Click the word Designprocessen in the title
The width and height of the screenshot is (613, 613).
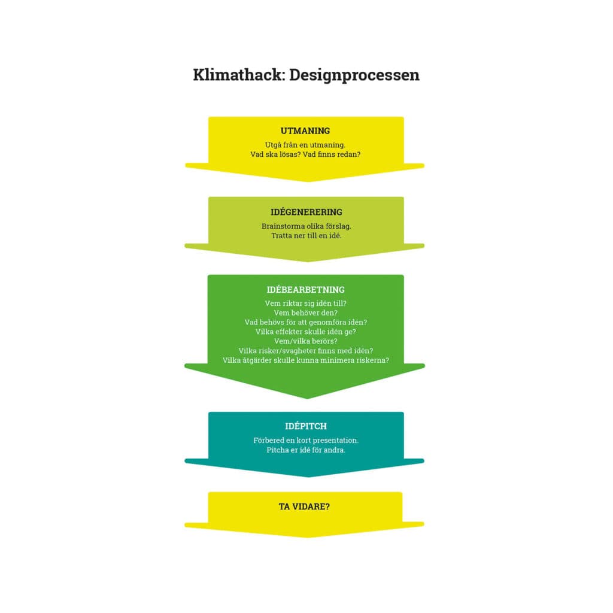pyautogui.click(x=354, y=75)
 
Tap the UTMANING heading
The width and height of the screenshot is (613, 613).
pyautogui.click(x=305, y=131)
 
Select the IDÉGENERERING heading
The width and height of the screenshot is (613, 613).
pyautogui.click(x=306, y=212)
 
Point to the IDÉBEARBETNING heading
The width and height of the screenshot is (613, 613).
pyautogui.click(x=305, y=290)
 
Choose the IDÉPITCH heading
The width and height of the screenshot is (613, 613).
pyautogui.click(x=306, y=426)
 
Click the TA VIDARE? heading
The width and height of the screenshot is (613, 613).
pyautogui.click(x=304, y=506)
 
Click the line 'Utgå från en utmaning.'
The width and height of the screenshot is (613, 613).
pyautogui.click(x=305, y=145)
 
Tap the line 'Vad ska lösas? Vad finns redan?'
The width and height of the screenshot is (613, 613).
pyautogui.click(x=305, y=154)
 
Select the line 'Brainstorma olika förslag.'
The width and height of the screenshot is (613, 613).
pyautogui.click(x=306, y=226)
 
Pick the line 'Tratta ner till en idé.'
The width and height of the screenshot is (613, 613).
pyautogui.click(x=306, y=236)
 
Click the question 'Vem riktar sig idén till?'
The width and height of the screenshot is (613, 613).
pyautogui.click(x=305, y=304)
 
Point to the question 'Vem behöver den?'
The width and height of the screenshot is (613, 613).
pyautogui.click(x=305, y=312)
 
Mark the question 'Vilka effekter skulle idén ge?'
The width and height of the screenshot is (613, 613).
pyautogui.click(x=305, y=332)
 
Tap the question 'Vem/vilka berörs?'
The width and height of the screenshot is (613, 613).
pyautogui.click(x=305, y=341)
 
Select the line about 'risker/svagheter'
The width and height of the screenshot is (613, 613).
pyautogui.click(x=305, y=350)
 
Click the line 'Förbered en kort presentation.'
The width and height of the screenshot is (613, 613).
pyautogui.click(x=306, y=441)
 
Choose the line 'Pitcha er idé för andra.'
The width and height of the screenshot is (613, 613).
pyautogui.click(x=306, y=450)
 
